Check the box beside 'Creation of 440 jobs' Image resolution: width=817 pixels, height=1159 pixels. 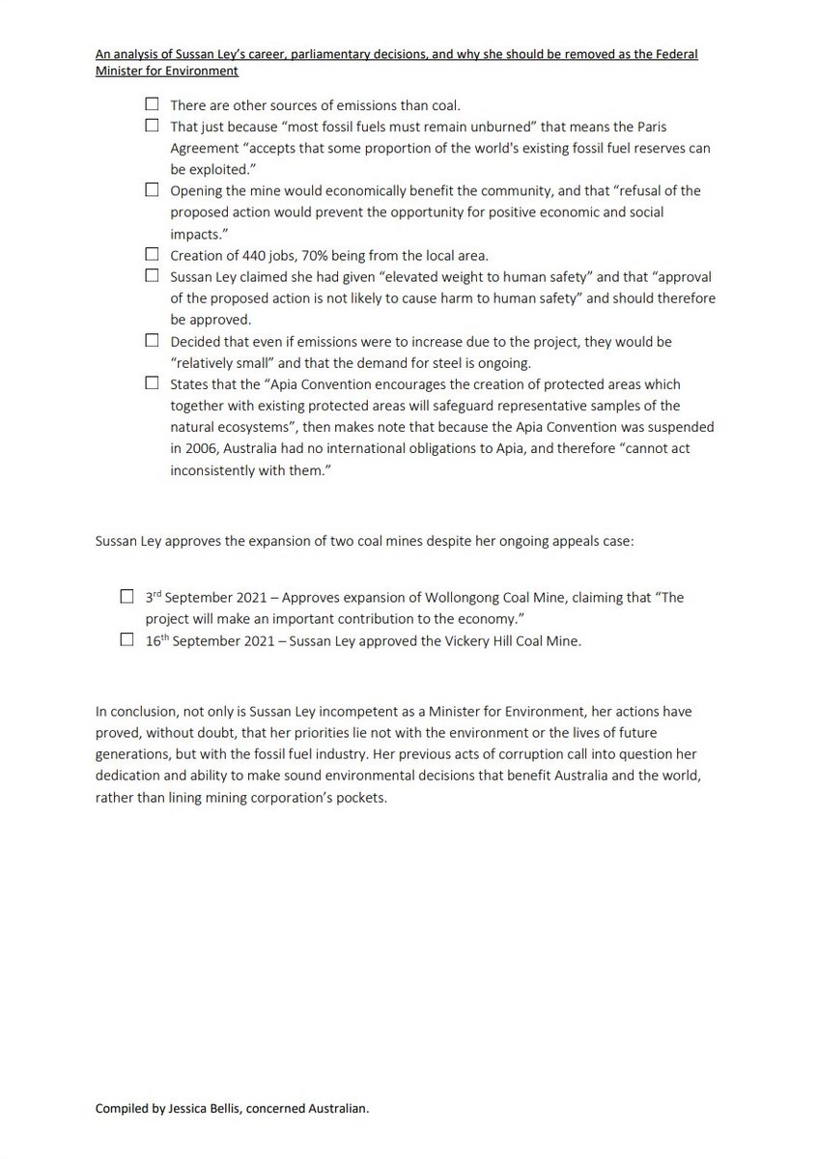pyautogui.click(x=152, y=254)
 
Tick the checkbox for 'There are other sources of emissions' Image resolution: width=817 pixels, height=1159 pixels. pyautogui.click(x=152, y=103)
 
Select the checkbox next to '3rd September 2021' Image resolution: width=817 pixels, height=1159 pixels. pyautogui.click(x=127, y=597)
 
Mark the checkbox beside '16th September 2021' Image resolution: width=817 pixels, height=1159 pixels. pyautogui.click(x=127, y=639)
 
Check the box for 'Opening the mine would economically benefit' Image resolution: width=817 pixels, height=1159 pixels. pyautogui.click(x=152, y=190)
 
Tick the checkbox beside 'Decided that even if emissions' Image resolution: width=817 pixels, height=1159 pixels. pyautogui.click(x=152, y=340)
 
